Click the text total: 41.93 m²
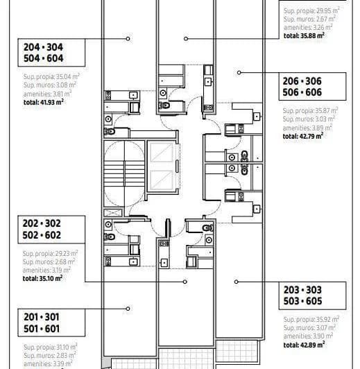pyautogui.click(x=42, y=101)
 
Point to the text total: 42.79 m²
pyautogui.click(x=303, y=137)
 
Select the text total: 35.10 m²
pyautogui.click(x=42, y=277)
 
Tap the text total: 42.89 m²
pyautogui.click(x=304, y=343)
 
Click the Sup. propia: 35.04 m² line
pyautogui.click(x=49, y=78)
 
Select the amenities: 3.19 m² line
pyautogui.click(x=49, y=270)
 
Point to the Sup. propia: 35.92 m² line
pyautogui.click(x=310, y=319)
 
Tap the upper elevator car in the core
pyautogui.click(x=160, y=154)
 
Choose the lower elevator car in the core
pyautogui.click(x=160, y=183)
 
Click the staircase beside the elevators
pyautogui.click(x=123, y=173)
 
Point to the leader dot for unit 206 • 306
pyautogui.click(x=239, y=71)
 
